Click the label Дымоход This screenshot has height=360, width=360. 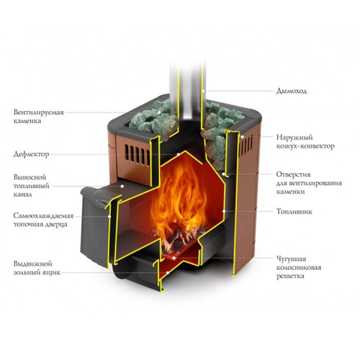point(291,91)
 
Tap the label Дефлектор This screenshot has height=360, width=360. point(31,154)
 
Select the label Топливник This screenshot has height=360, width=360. point(294,211)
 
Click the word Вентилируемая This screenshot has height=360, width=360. point(39,112)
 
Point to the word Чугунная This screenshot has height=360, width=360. point(291,259)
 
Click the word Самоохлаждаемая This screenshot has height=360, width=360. point(43,215)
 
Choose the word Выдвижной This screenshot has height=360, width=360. point(33,264)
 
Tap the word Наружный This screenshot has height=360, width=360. point(295,137)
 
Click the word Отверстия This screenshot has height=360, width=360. point(293,174)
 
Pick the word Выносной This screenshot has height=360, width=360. point(30,177)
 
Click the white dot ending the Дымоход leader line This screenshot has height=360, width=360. point(203,91)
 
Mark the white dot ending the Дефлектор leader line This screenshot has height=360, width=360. point(178,154)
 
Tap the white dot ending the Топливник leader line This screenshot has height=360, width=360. point(224,211)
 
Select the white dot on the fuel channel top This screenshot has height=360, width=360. point(122,186)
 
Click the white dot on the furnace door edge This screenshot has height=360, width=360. point(109,216)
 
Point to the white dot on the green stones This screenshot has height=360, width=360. point(158,112)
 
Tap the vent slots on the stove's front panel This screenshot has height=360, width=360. point(137,155)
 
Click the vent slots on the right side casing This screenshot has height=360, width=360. point(247,146)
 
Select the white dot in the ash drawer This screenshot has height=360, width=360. point(168,272)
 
